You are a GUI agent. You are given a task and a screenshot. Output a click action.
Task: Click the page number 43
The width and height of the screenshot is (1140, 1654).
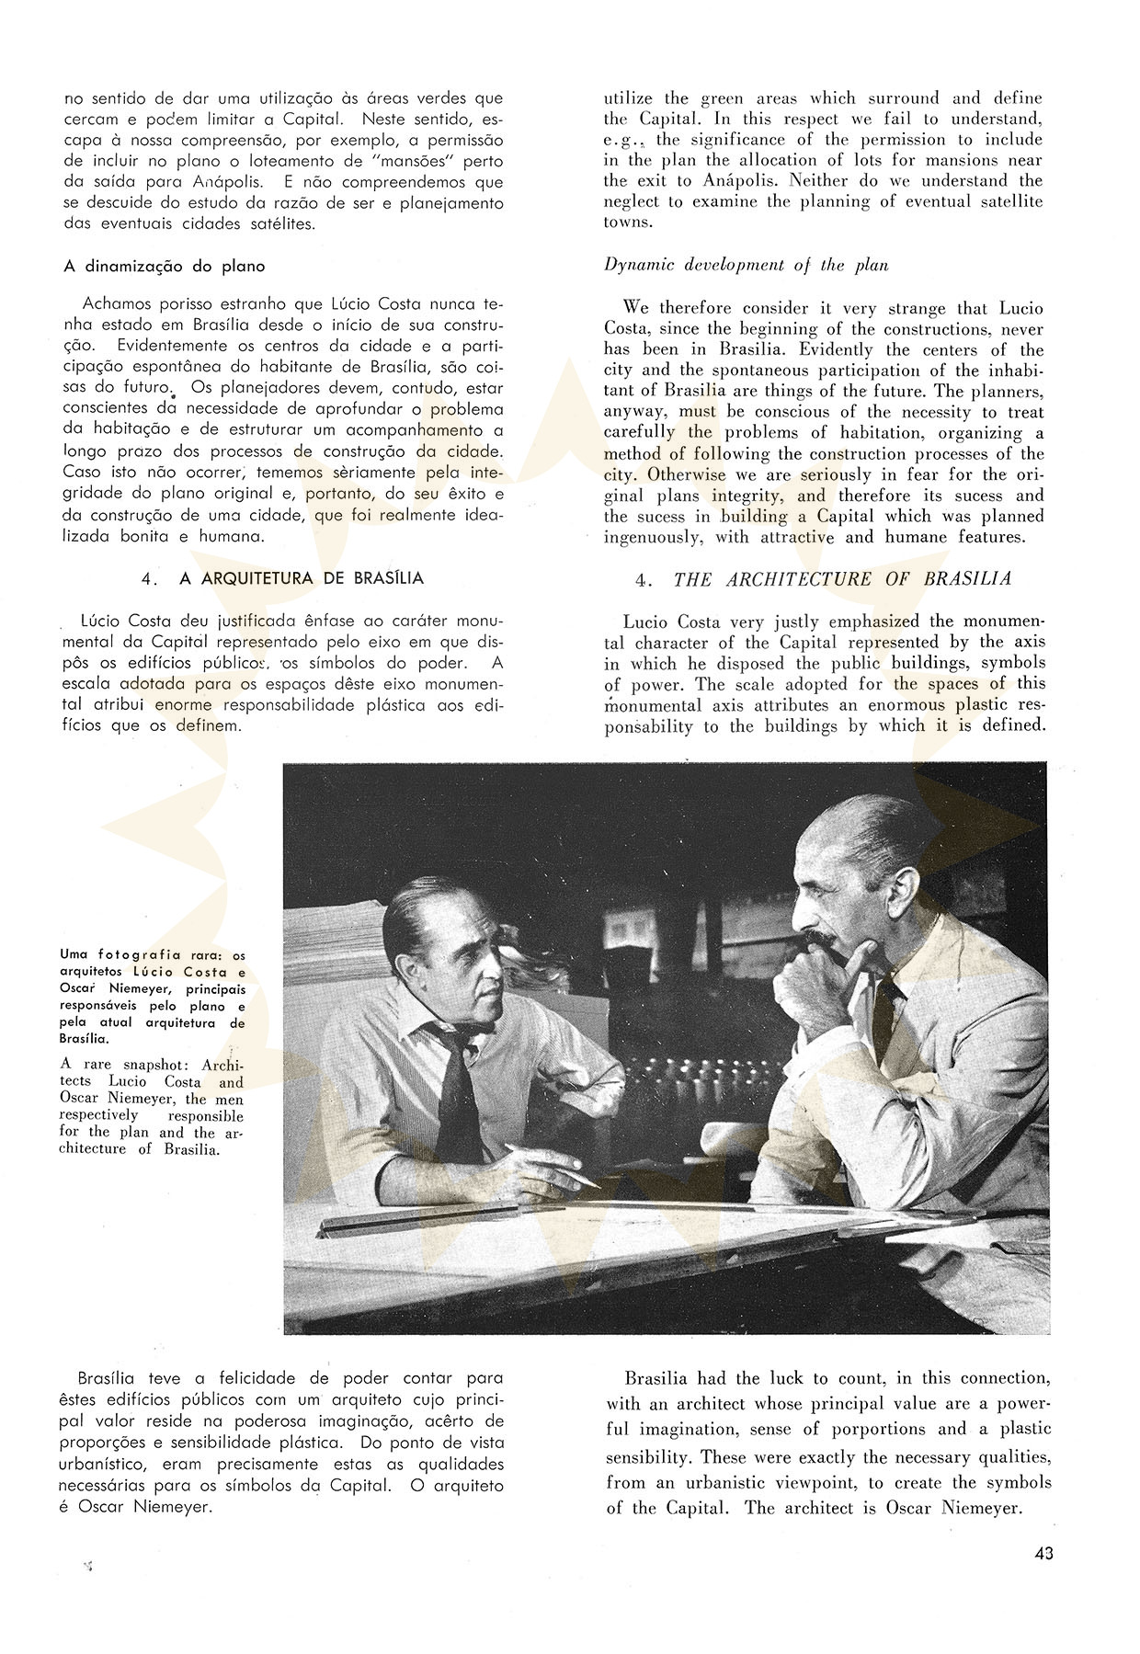1043,1554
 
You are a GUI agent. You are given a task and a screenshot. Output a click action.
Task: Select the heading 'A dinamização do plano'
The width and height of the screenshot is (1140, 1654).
165,267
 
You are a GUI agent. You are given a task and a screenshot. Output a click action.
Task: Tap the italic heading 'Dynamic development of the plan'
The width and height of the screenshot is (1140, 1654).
746,266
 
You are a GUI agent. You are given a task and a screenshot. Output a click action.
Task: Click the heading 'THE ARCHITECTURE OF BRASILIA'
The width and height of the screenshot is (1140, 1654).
842,579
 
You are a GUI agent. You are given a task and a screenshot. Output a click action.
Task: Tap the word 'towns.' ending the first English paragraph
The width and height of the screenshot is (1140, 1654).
628,222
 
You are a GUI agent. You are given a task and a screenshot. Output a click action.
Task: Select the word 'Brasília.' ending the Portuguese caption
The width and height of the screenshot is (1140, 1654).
85,1039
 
